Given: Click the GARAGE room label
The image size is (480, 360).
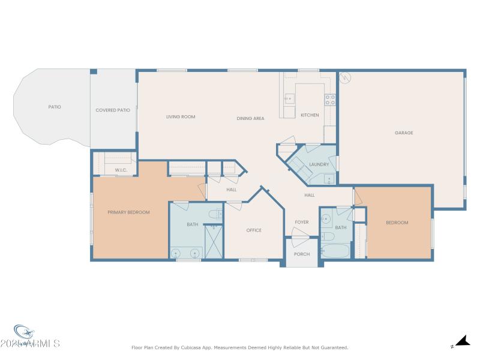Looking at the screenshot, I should coord(404,133).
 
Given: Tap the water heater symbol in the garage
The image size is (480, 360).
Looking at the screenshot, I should coord(345,78).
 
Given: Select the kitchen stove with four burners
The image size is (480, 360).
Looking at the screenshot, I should coord(330,99).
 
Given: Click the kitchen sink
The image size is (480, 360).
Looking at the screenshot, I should coord(289,98).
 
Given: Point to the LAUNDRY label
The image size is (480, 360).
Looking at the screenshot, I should coord(319,164).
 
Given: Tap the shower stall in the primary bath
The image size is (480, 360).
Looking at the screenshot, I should coord(213,242).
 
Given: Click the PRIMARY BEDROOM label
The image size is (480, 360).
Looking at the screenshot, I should coord(128,212).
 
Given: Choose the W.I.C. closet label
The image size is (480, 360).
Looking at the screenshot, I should coord(121,170).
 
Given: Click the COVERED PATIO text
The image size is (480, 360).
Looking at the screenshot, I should coord(113,110).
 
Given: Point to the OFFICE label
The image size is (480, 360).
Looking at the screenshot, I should coord(254,230).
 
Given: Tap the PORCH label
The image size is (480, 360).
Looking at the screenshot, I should coord(302,254).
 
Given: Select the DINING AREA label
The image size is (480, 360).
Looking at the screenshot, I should coord(250,118).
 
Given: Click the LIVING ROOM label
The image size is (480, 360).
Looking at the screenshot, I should coord(181,116).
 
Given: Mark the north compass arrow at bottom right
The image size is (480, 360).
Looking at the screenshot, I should coord(461,341).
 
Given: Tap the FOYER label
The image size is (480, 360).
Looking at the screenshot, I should coord(302,222).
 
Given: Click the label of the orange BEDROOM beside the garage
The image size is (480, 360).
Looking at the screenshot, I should coord(397,223).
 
